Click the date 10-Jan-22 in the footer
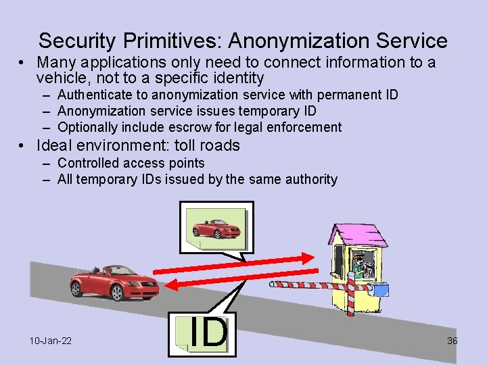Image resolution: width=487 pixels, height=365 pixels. tap(51, 341)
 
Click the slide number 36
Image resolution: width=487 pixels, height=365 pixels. tap(452, 341)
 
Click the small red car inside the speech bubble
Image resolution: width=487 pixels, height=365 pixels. tap(216, 226)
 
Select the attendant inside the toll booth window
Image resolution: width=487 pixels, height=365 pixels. tap(362, 264)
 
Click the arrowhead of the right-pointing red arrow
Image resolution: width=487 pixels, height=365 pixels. tap(308, 258)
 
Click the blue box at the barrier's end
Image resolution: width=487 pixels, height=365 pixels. tap(381, 290)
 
